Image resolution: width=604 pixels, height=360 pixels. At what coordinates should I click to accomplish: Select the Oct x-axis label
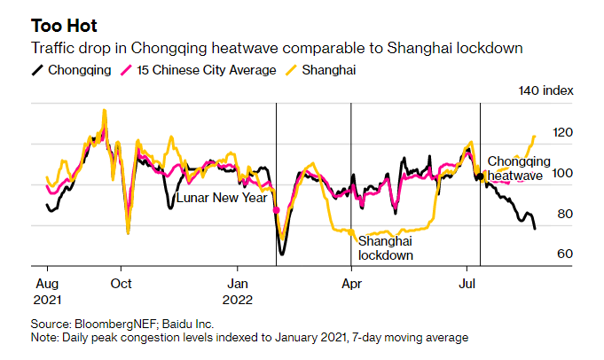[122, 285]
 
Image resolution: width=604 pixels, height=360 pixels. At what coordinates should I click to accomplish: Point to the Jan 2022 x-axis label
[238, 293]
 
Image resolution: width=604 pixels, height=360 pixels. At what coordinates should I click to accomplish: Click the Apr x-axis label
[351, 285]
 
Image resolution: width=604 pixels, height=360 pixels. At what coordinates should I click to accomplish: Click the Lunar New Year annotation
[221, 198]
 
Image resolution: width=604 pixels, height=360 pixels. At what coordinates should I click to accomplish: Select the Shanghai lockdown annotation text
[386, 248]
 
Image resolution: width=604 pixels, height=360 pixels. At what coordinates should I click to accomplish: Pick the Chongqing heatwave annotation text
[519, 168]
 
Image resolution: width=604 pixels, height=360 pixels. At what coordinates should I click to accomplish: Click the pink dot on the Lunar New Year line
[276, 210]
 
